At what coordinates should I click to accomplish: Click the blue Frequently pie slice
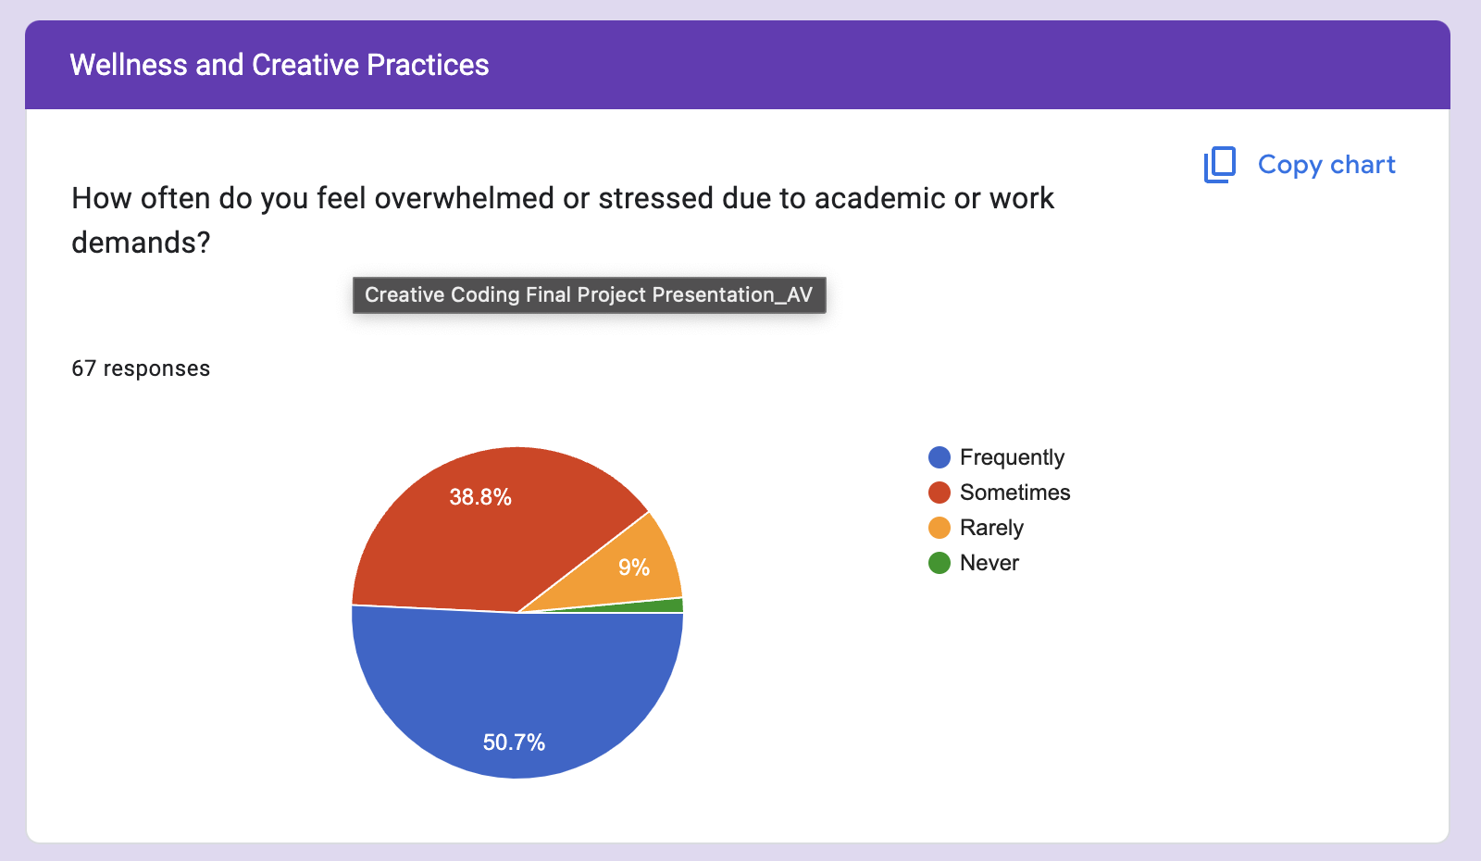517,688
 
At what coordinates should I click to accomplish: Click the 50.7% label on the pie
514,742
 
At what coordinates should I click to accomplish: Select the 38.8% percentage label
480,496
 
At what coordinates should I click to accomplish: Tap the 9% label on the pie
633,567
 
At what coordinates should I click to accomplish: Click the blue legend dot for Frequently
940,457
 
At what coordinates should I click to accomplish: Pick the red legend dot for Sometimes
940,492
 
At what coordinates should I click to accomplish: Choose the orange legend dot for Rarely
940,528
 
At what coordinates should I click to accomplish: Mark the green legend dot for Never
940,563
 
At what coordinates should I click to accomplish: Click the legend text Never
989,563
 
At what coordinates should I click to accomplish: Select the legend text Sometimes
1014,492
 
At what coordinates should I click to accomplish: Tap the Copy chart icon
1220,165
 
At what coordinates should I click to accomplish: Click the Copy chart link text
1326,164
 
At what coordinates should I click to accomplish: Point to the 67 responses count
141,368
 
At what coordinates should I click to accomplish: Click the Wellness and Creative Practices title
279,65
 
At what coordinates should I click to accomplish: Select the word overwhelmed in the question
464,198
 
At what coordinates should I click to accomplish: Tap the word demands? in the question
141,243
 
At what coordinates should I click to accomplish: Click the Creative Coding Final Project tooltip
589,295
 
